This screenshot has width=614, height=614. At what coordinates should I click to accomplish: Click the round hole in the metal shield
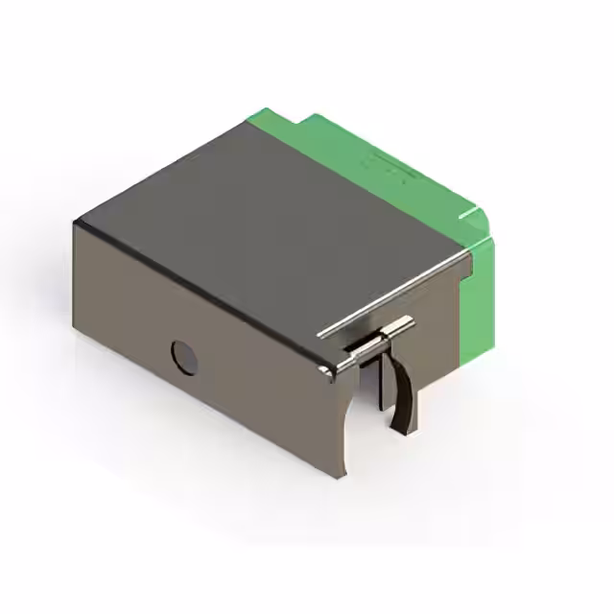(x=184, y=357)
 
